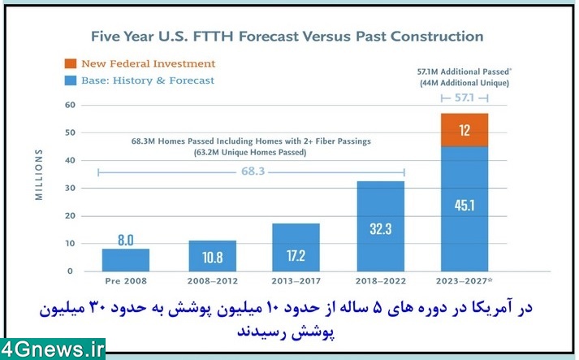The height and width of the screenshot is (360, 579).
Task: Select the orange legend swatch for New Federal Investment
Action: (x=71, y=63)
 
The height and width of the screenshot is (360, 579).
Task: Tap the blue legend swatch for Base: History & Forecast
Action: (x=71, y=80)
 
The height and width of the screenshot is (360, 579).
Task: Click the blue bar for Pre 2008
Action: (x=126, y=260)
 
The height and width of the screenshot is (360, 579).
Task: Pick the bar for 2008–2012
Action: (x=212, y=256)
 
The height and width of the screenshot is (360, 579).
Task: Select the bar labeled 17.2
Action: (x=296, y=248)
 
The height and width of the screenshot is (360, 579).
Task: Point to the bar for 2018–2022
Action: (x=381, y=226)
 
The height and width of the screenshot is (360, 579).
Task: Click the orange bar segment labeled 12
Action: (x=464, y=130)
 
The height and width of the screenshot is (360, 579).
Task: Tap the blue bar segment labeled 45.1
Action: (x=464, y=209)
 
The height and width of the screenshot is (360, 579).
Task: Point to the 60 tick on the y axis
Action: (x=70, y=105)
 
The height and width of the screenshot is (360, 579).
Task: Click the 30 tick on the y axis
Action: (x=70, y=189)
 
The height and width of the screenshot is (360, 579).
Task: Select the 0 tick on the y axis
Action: (x=70, y=271)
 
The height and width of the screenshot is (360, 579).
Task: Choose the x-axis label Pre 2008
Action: (x=126, y=281)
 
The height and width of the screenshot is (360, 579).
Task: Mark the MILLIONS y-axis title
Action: (x=39, y=175)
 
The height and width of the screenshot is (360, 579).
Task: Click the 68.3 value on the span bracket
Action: (x=253, y=171)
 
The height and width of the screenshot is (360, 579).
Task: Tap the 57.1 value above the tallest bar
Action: (x=464, y=98)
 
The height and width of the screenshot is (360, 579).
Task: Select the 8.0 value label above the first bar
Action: (x=126, y=241)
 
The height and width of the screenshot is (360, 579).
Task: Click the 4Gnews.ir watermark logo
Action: (x=53, y=349)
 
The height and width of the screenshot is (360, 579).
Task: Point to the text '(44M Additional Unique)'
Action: (x=464, y=83)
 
